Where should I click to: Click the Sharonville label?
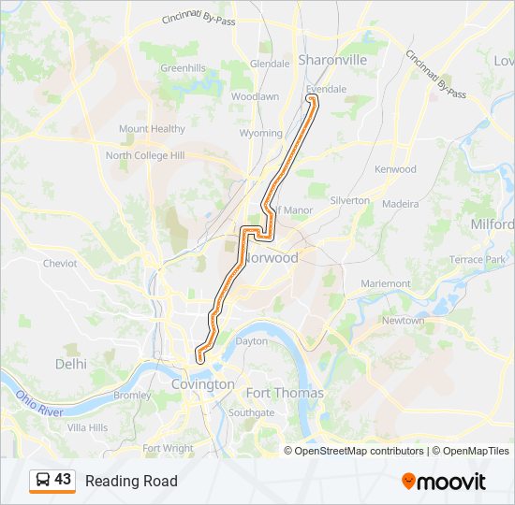pyautogui.click(x=331, y=60)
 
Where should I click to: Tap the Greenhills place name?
pyautogui.click(x=183, y=68)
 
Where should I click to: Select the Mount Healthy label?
pyautogui.click(x=152, y=129)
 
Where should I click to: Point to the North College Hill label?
pyautogui.click(x=145, y=155)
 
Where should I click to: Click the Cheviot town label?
pyautogui.click(x=60, y=264)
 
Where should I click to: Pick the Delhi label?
pyautogui.click(x=70, y=364)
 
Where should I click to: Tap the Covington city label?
pyautogui.click(x=203, y=384)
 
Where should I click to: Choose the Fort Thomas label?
pyautogui.click(x=285, y=393)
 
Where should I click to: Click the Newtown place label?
pyautogui.click(x=403, y=320)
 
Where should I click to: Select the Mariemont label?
pyautogui.click(x=386, y=283)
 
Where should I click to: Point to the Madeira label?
pyautogui.click(x=401, y=203)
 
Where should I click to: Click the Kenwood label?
pyautogui.click(x=395, y=169)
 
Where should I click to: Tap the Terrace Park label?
pyautogui.click(x=478, y=259)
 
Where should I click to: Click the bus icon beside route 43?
pyautogui.click(x=41, y=481)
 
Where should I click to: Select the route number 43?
pyautogui.click(x=63, y=480)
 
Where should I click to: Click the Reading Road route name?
pyautogui.click(x=131, y=482)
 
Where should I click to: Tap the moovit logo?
pyautogui.click(x=444, y=482)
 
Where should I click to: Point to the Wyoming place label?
pyautogui.click(x=261, y=133)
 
